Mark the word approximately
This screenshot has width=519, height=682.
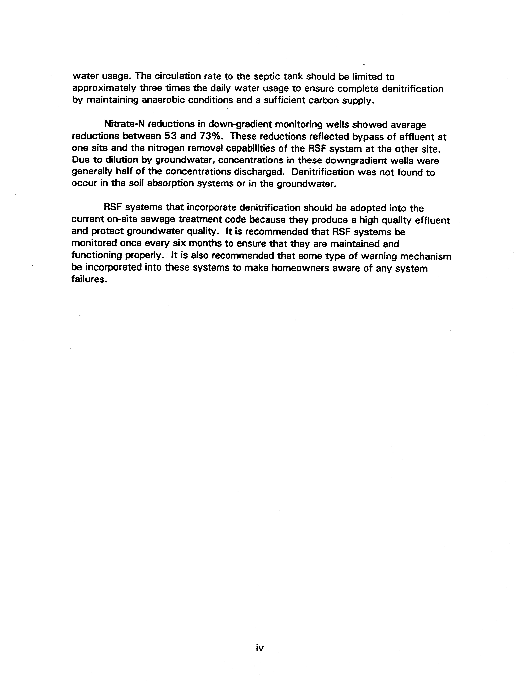[x=104, y=89]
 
